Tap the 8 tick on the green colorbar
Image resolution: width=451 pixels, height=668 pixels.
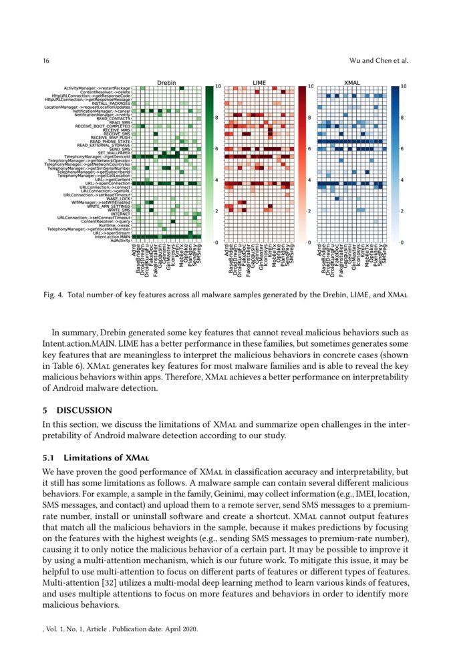pyautogui.click(x=216, y=118)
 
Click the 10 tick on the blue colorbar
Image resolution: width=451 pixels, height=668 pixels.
pyautogui.click(x=403, y=87)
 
